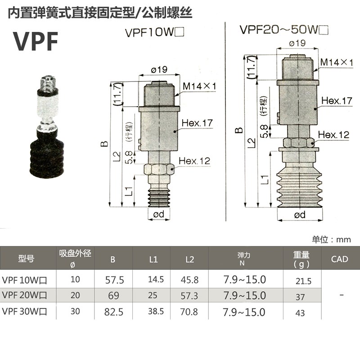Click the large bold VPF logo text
[36, 41]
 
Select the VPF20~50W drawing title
[283, 30]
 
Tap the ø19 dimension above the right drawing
[297, 43]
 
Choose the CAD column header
[339, 259]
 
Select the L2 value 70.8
[189, 311]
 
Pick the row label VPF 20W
[27, 295]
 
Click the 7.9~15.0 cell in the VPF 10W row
[244, 279]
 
